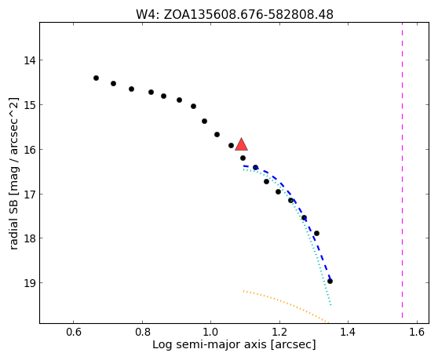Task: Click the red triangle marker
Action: (x=241, y=144)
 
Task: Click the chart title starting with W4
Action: (x=235, y=15)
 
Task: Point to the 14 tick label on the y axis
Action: (x=29, y=60)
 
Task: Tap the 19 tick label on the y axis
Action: (x=29, y=283)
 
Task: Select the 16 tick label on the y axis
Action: (x=29, y=150)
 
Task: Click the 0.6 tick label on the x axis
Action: (x=73, y=332)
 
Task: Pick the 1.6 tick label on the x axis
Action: (x=417, y=332)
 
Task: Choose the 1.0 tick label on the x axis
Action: (x=210, y=332)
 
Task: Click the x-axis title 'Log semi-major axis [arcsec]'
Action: (x=234, y=344)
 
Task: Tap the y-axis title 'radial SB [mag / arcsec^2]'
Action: (x=13, y=173)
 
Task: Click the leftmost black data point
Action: (x=96, y=78)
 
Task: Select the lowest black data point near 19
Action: (x=330, y=281)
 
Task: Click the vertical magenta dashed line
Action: (x=402, y=170)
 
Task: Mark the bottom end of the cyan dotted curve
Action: (x=330, y=305)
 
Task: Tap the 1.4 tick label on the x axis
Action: (x=348, y=332)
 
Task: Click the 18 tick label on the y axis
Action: (x=29, y=238)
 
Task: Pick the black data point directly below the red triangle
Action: (x=243, y=158)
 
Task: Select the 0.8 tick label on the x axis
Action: (x=142, y=332)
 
